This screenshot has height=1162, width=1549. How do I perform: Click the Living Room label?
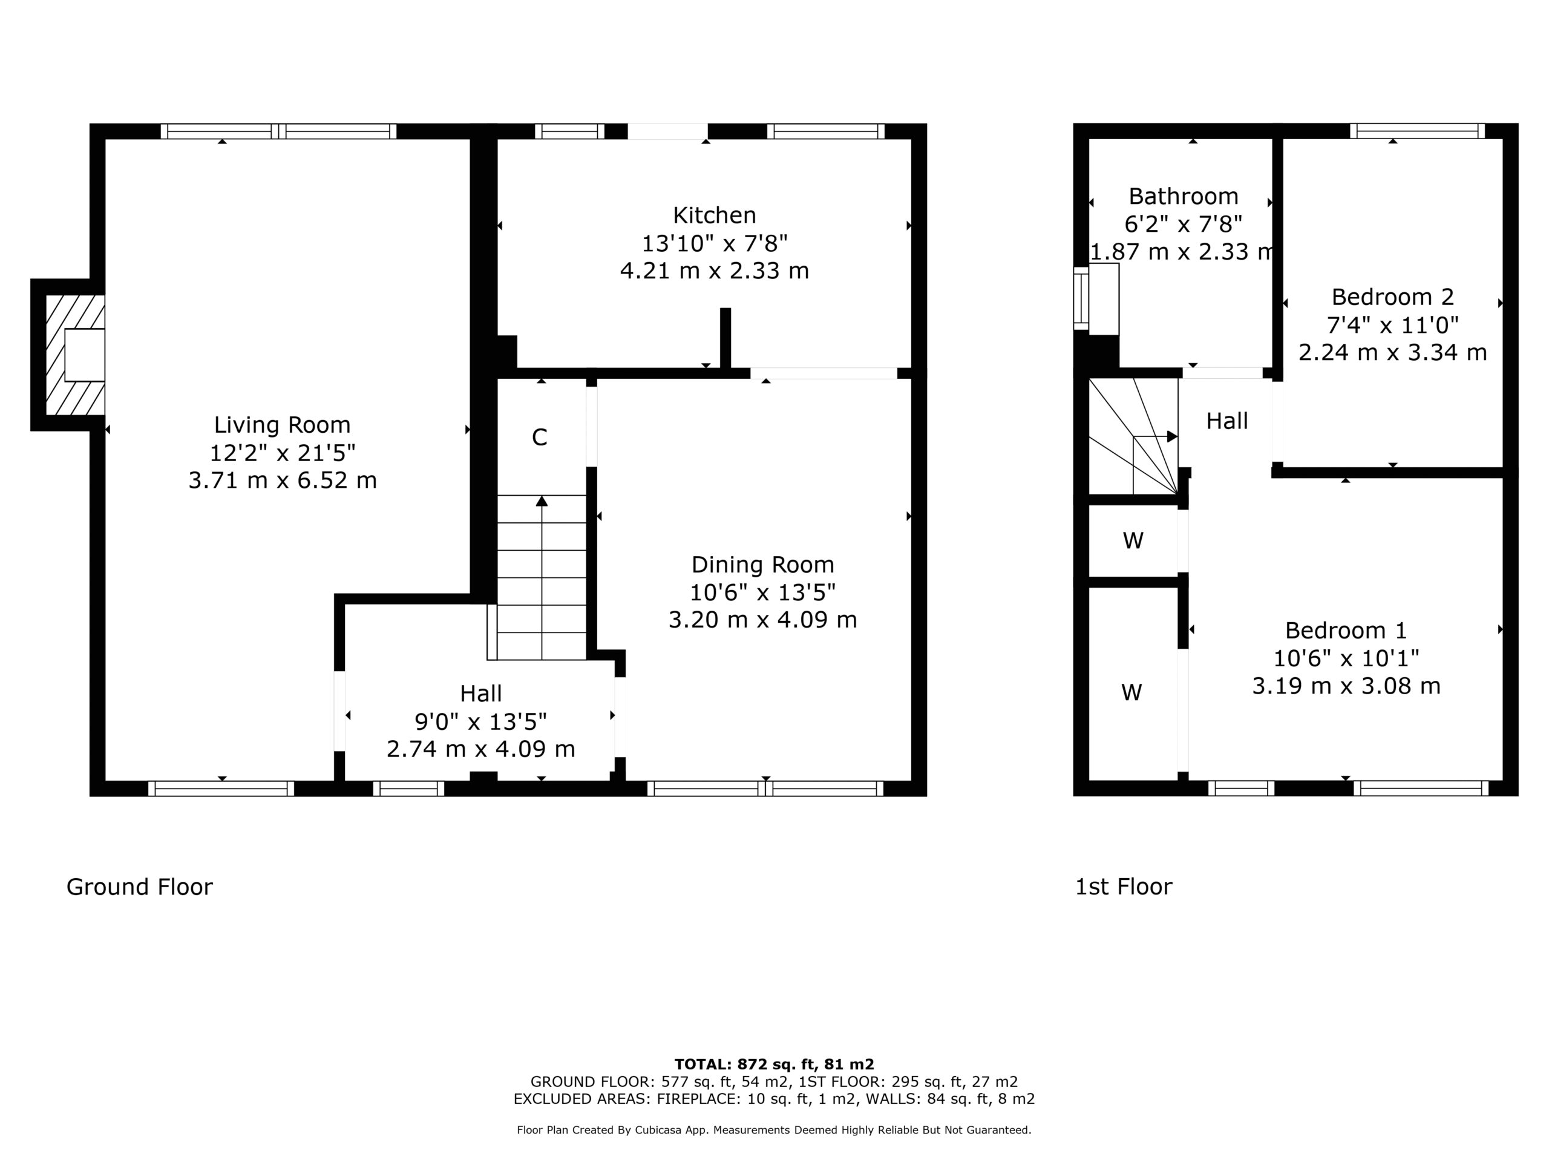pyautogui.click(x=282, y=424)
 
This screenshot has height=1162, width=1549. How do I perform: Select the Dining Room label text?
pyautogui.click(x=762, y=565)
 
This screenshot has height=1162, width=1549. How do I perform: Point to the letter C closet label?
pyautogui.click(x=539, y=437)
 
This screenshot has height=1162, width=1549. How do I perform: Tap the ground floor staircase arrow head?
pyautogui.click(x=542, y=500)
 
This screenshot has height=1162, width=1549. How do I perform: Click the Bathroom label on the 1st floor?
pyautogui.click(x=1184, y=196)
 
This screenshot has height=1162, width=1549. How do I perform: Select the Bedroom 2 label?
pyautogui.click(x=1392, y=297)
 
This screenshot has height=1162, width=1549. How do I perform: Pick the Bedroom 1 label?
pyautogui.click(x=1346, y=631)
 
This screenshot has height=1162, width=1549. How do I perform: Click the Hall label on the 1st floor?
pyautogui.click(x=1227, y=421)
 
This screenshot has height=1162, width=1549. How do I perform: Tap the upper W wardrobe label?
pyautogui.click(x=1133, y=540)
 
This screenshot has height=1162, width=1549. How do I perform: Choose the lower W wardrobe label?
pyautogui.click(x=1131, y=693)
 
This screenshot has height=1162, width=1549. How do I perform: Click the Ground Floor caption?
pyautogui.click(x=139, y=887)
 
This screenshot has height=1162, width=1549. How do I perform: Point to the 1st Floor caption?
pyautogui.click(x=1123, y=887)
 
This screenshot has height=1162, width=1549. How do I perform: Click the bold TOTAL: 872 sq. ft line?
pyautogui.click(x=774, y=1065)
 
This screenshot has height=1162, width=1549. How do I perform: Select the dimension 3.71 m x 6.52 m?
pyautogui.click(x=282, y=481)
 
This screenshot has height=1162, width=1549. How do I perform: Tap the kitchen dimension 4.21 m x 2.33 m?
pyautogui.click(x=714, y=271)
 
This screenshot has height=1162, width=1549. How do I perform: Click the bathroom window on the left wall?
pyautogui.click(x=1081, y=298)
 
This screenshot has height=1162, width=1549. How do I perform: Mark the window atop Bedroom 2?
pyautogui.click(x=1417, y=131)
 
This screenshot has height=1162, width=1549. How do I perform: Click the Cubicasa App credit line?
pyautogui.click(x=774, y=1130)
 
